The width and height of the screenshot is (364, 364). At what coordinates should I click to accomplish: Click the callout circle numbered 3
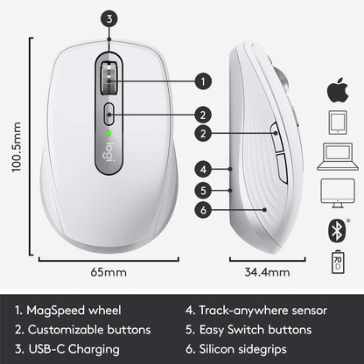click(x=107, y=17)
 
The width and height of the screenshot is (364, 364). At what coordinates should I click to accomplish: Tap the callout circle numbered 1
click(x=202, y=80)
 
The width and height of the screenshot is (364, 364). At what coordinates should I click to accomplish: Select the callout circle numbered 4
click(x=202, y=168)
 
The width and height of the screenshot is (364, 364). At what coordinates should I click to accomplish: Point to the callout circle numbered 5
click(x=202, y=188)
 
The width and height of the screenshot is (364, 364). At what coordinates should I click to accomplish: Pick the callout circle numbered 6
click(x=202, y=208)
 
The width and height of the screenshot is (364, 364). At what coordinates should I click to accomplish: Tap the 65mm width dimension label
click(x=109, y=273)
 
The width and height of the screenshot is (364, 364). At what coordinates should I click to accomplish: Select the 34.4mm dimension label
click(x=266, y=273)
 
